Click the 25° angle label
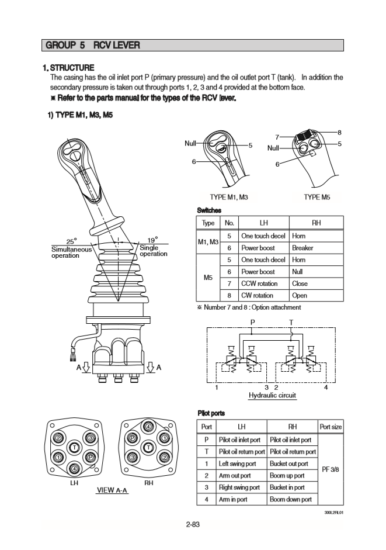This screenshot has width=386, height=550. [x=72, y=241]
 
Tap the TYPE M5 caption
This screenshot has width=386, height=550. [x=317, y=198]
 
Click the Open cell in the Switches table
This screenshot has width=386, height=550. [x=298, y=295]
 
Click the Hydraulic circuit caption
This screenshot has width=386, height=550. [x=272, y=396]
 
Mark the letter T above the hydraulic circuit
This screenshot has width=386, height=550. [x=290, y=322]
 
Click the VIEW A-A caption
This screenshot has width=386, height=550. [x=112, y=489]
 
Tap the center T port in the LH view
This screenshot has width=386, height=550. [x=75, y=448]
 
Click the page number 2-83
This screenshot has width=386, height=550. [x=193, y=524]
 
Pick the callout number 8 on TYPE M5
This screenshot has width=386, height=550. [x=339, y=133]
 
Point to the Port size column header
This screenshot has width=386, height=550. [x=331, y=427]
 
